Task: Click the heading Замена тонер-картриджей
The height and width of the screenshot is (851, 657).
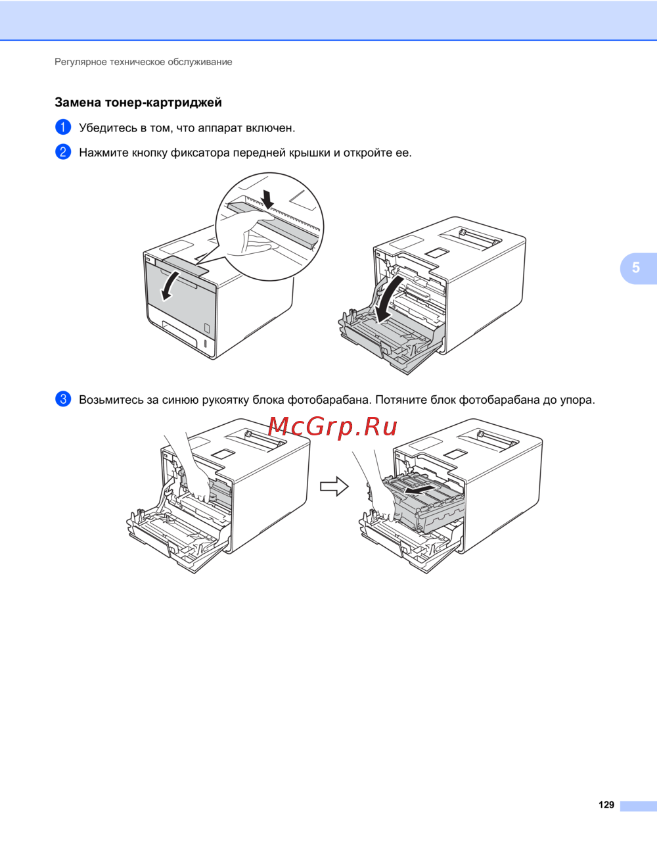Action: (138, 103)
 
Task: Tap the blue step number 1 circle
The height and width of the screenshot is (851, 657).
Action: (63, 128)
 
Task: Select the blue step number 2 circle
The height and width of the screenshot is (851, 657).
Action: (63, 152)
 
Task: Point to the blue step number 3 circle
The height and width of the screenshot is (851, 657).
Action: (63, 399)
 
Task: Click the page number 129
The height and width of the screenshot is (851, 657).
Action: (606, 805)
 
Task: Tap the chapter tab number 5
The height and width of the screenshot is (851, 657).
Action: (636, 268)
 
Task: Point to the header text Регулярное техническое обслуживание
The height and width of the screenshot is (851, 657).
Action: (143, 62)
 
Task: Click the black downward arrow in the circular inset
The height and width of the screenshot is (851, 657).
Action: (268, 199)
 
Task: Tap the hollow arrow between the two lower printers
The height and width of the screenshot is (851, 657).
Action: (334, 487)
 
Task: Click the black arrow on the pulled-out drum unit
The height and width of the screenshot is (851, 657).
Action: (420, 489)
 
